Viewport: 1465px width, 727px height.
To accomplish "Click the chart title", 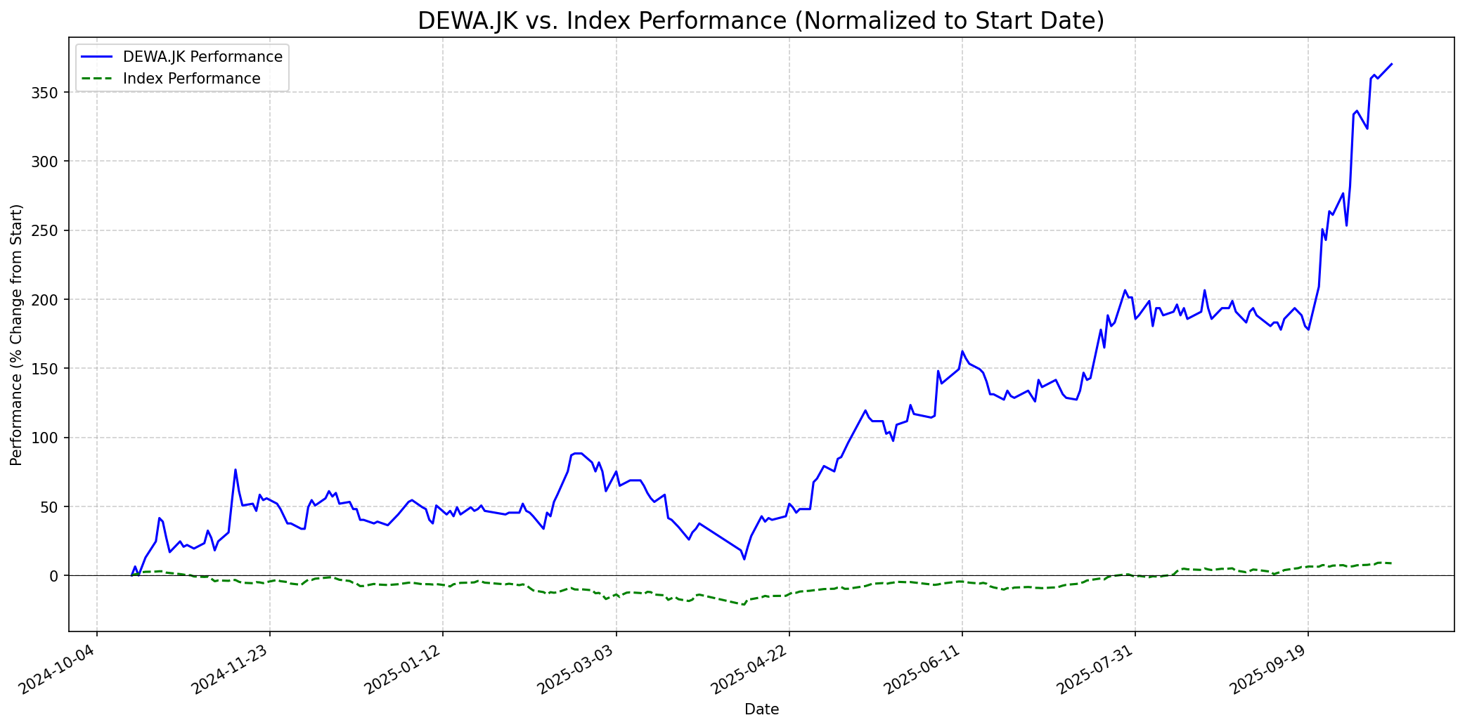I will pyautogui.click(x=761, y=20).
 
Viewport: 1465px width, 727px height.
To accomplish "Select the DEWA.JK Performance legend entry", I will pyautogui.click(x=202, y=57).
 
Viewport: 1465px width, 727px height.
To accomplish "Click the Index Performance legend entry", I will pyautogui.click(x=191, y=79).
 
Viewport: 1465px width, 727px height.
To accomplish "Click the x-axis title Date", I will pyautogui.click(x=761, y=709).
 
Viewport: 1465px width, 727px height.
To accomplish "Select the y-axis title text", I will pyautogui.click(x=17, y=335).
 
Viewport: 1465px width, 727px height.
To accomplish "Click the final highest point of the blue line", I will pyautogui.click(x=1391, y=64).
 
